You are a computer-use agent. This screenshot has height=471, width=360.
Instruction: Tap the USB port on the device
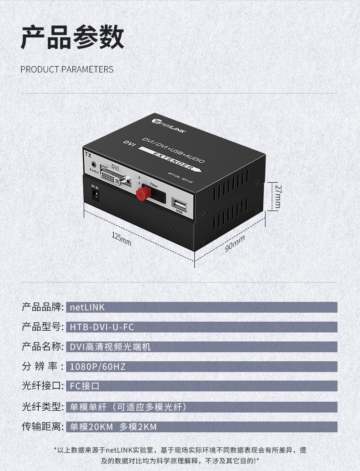[x=180, y=204]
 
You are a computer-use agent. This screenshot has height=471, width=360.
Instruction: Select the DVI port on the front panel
[x=116, y=177]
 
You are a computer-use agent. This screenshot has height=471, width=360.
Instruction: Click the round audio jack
[x=94, y=165]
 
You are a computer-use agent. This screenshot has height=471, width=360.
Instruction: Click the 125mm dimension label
[x=121, y=239]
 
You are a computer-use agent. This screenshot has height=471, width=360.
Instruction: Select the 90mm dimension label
[x=235, y=244]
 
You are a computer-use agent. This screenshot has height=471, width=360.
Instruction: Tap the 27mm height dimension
[x=278, y=197]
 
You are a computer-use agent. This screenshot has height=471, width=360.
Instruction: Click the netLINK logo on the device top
[x=169, y=126]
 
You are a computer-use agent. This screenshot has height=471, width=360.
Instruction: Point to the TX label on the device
[x=88, y=155]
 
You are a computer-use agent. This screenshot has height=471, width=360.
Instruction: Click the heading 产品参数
[x=72, y=37]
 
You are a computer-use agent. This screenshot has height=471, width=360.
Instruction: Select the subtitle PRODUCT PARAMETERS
[x=67, y=69]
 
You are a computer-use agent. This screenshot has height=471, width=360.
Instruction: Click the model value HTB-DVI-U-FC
[x=102, y=327]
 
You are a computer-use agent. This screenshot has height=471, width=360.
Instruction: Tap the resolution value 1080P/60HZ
[x=98, y=367]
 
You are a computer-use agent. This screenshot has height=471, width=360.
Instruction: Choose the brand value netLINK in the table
[x=87, y=307]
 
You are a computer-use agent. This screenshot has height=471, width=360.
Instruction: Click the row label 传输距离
[x=42, y=426]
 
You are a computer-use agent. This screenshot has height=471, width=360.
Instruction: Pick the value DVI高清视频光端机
[x=110, y=347]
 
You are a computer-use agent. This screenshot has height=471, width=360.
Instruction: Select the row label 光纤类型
[x=42, y=407]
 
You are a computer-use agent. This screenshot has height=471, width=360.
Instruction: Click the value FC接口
[x=85, y=386]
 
